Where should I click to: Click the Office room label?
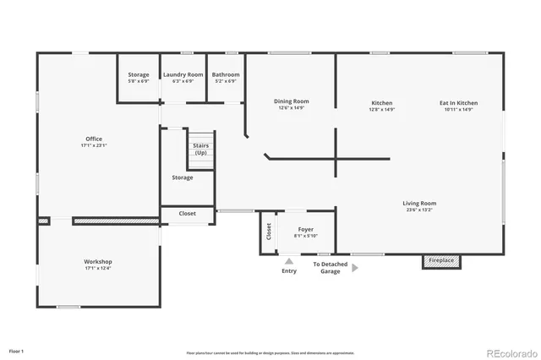[x=93, y=139]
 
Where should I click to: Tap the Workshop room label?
[x=98, y=262]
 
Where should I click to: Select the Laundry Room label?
[x=183, y=74]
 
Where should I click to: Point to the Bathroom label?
[x=226, y=74]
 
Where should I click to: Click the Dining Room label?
[x=290, y=102]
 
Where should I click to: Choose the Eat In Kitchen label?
[x=456, y=103]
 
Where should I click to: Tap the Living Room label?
[x=419, y=203]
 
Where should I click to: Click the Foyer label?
[x=306, y=229]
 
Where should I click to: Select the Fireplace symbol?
[x=442, y=261]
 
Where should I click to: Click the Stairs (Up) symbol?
[x=201, y=150]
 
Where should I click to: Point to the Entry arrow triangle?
[x=289, y=262]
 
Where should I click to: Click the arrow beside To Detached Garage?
[x=355, y=268]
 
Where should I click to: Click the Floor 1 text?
[x=17, y=350]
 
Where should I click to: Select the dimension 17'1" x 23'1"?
[x=93, y=145]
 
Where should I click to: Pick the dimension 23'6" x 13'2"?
[x=419, y=210]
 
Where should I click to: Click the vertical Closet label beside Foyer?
[x=269, y=231]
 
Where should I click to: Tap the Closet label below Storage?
[x=188, y=214]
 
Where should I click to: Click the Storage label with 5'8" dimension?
[x=138, y=74]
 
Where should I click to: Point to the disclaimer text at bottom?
[x=270, y=352]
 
